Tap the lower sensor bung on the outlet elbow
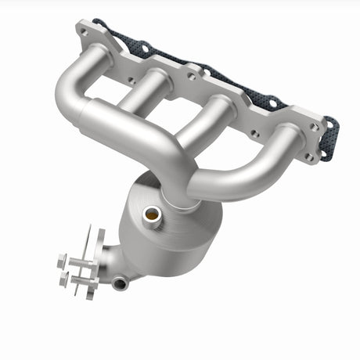click(119, 283)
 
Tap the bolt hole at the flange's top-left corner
click(84, 31)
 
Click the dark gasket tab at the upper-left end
click(98, 23)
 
